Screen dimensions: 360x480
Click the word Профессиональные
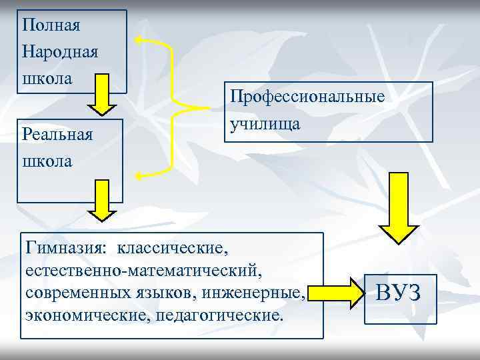click(307, 97)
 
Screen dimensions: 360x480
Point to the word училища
click(265, 123)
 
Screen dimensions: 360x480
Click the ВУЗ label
click(399, 293)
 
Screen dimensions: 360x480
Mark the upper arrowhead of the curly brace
click(139, 39)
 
